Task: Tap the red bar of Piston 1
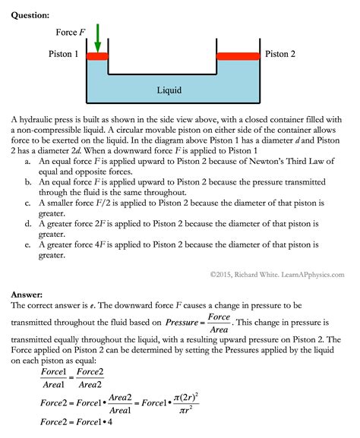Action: pos(98,55)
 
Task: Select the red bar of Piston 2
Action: pos(238,55)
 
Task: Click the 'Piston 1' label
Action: pos(64,55)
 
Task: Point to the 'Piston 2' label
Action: pos(280,55)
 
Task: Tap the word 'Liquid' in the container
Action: pos(169,91)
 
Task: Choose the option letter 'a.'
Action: pos(28,162)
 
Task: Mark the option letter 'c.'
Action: pos(28,203)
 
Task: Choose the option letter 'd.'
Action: pos(28,225)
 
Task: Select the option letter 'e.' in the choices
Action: pos(28,245)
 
